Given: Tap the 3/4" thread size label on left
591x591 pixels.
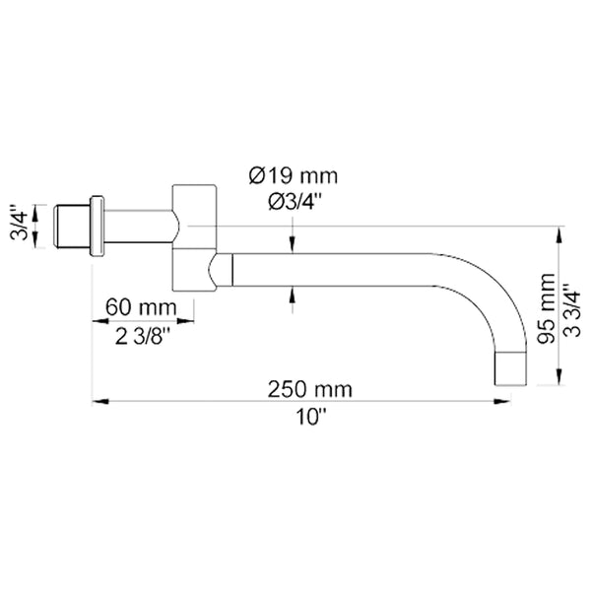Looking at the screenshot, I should coord(17,228).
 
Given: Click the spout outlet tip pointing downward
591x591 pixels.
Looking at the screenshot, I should coord(509,370).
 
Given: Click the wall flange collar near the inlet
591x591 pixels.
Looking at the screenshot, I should coord(97,227).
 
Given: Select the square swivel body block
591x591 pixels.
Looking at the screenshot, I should coord(195,237).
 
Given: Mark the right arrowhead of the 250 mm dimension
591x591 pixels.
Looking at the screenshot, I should coord(518,400).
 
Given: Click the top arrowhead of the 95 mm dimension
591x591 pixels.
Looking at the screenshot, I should coord(558,234).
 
